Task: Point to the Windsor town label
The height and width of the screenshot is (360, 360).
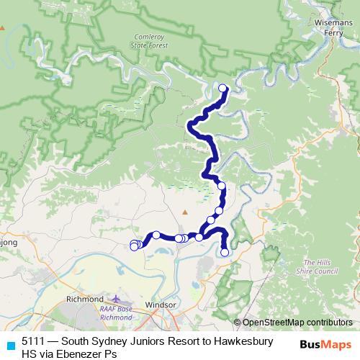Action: point(161,305)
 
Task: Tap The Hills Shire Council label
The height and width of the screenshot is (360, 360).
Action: point(317,267)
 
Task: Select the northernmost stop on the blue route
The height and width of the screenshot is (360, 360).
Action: point(222,89)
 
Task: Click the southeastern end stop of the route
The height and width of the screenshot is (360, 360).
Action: point(225,252)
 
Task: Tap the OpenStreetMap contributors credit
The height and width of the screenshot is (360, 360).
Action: point(297,323)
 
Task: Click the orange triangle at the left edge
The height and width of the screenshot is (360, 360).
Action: point(3,29)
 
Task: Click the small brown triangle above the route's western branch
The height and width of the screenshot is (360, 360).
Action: point(184,212)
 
